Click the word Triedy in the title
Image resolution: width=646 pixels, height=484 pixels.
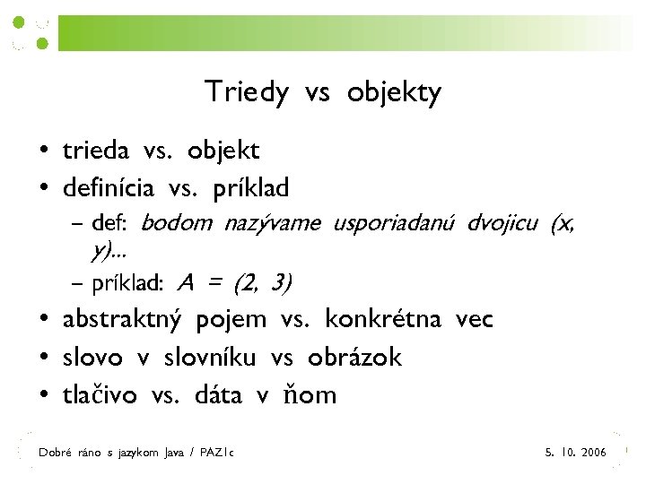tap(247, 92)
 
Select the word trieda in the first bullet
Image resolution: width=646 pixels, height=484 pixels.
tap(96, 151)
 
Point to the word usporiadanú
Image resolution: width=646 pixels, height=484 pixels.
tap(396, 223)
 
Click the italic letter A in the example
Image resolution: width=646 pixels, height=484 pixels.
tap(186, 284)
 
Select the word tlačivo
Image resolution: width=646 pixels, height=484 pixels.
tap(100, 395)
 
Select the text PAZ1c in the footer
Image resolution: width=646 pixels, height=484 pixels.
tap(215, 454)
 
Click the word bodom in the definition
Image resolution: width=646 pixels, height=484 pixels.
tap(177, 223)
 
